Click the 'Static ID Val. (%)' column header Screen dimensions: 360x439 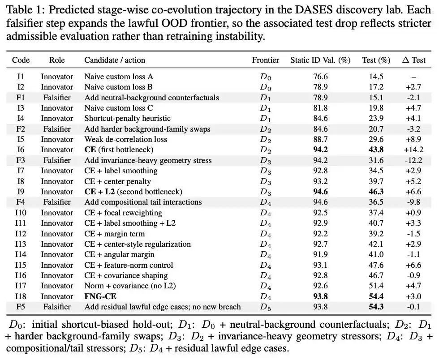320,60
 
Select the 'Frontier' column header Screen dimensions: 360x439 265,60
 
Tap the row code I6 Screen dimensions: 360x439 21,150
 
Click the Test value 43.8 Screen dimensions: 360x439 376,150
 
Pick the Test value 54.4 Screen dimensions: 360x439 376,296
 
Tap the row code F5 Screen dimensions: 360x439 21,307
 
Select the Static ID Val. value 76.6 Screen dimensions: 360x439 320,77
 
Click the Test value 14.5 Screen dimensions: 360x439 376,77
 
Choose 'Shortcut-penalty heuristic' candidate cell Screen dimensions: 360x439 127,118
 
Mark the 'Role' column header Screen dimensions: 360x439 57,60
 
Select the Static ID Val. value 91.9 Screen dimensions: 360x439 320,254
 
